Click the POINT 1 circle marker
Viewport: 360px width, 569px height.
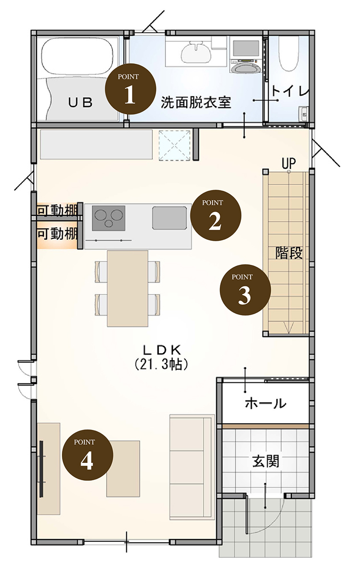pyautogui.click(x=130, y=89)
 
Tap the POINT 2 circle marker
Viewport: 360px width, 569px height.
pyautogui.click(x=216, y=215)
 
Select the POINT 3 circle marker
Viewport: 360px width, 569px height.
pyautogui.click(x=245, y=290)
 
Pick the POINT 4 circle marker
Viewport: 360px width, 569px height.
pyautogui.click(x=87, y=455)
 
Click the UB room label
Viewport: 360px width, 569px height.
pyautogui.click(x=81, y=103)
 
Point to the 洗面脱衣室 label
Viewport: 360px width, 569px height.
pyautogui.click(x=196, y=103)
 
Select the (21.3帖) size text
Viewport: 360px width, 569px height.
pyautogui.click(x=161, y=364)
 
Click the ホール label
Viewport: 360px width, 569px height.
pyautogui.click(x=265, y=403)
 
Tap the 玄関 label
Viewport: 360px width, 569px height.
pyautogui.click(x=265, y=461)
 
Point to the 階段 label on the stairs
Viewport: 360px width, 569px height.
pyautogui.click(x=289, y=252)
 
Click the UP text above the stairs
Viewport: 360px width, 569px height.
pyautogui.click(x=289, y=164)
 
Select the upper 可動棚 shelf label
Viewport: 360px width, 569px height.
pyautogui.click(x=57, y=210)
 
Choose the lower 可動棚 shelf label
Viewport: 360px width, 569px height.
pyautogui.click(x=57, y=234)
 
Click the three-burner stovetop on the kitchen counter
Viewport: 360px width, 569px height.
pyautogui.click(x=108, y=218)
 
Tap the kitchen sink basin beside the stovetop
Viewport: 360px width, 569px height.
pyautogui.click(x=169, y=218)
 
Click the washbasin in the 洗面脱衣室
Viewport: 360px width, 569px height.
pyautogui.click(x=196, y=52)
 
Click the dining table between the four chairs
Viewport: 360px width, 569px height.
pyautogui.click(x=127, y=288)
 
